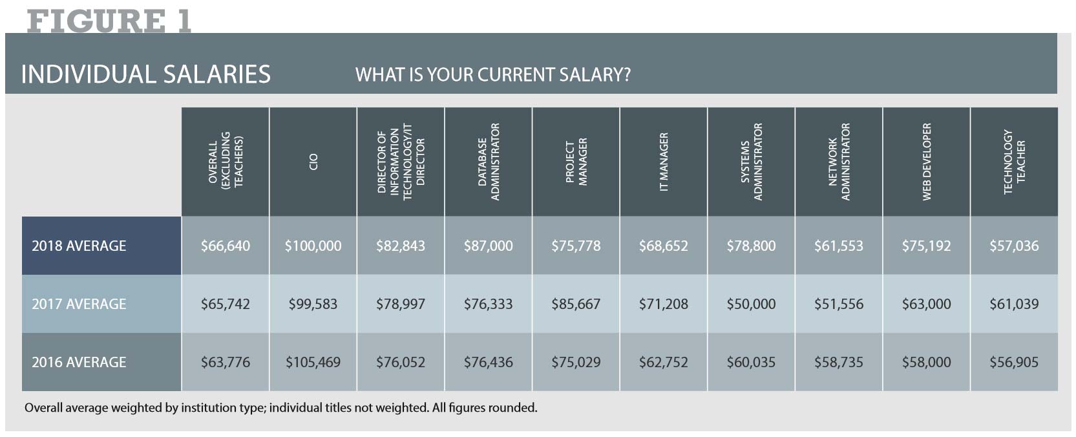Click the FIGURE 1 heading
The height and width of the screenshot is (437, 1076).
tap(109, 21)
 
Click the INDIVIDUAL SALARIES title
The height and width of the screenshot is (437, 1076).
tap(145, 74)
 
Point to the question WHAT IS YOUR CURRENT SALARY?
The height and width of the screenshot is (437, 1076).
tap(492, 75)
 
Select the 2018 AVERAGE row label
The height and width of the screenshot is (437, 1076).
tap(79, 246)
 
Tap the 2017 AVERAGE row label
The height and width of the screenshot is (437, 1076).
tap(79, 304)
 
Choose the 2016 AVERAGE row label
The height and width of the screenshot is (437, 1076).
tap(79, 363)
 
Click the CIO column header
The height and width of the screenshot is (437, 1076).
tap(313, 162)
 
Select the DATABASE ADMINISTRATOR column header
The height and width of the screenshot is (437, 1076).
tap(489, 162)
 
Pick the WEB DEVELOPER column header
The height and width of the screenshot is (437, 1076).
tap(927, 162)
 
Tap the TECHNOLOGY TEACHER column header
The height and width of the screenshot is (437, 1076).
tap(1014, 162)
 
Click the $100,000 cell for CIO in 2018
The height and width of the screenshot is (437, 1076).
tap(313, 246)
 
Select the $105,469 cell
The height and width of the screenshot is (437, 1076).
tap(313, 363)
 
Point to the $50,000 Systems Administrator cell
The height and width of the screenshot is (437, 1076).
tap(751, 304)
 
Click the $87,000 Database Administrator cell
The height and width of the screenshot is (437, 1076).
tap(488, 246)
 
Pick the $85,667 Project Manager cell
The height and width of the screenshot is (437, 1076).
tap(576, 304)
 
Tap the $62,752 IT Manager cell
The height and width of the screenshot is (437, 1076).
tap(663, 363)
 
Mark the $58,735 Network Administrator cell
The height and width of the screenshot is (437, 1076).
tap(838, 363)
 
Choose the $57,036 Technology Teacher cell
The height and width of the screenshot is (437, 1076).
tap(1014, 246)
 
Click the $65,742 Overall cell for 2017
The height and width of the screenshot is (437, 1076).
tap(225, 304)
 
